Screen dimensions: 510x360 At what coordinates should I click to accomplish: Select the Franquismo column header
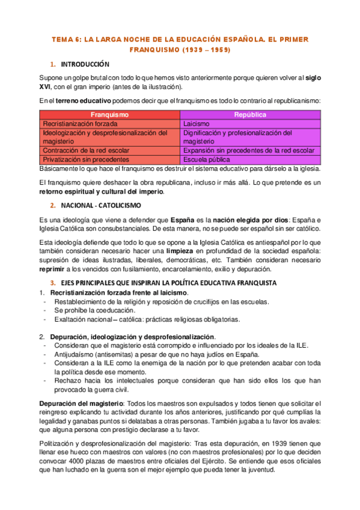(x=109, y=114)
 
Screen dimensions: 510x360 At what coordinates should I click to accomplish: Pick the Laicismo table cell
(x=197, y=123)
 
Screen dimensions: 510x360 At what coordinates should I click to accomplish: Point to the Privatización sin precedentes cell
(x=86, y=159)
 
